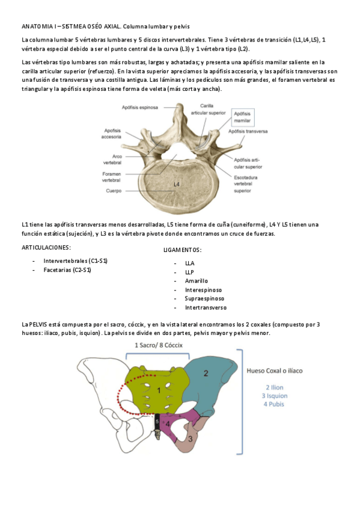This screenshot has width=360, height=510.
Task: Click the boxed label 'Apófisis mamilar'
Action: [242, 117]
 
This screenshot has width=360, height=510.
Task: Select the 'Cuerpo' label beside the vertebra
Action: [114, 191]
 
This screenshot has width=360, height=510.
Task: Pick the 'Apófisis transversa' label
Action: [248, 131]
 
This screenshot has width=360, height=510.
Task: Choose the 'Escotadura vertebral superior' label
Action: [246, 184]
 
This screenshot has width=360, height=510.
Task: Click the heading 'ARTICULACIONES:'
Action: [46, 247]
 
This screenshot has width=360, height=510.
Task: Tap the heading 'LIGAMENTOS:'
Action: [182, 250]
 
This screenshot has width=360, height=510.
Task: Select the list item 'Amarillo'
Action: [197, 281]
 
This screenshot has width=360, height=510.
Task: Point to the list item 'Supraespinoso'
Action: [204, 298]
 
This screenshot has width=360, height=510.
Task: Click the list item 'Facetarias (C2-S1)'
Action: [67, 270]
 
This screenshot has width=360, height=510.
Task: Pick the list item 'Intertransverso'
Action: [206, 307]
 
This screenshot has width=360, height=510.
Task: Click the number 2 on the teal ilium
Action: [206, 373]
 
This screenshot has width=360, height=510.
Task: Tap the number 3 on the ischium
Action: [191, 438]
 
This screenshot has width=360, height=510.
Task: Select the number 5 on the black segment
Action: [158, 422]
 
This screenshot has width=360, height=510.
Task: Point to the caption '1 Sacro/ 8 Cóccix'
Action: [158, 345]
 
